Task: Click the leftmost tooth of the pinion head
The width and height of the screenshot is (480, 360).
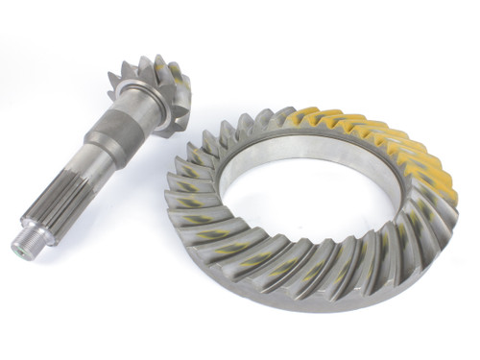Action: click(x=114, y=76)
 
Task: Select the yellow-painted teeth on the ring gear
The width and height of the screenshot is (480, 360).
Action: click(x=384, y=144)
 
